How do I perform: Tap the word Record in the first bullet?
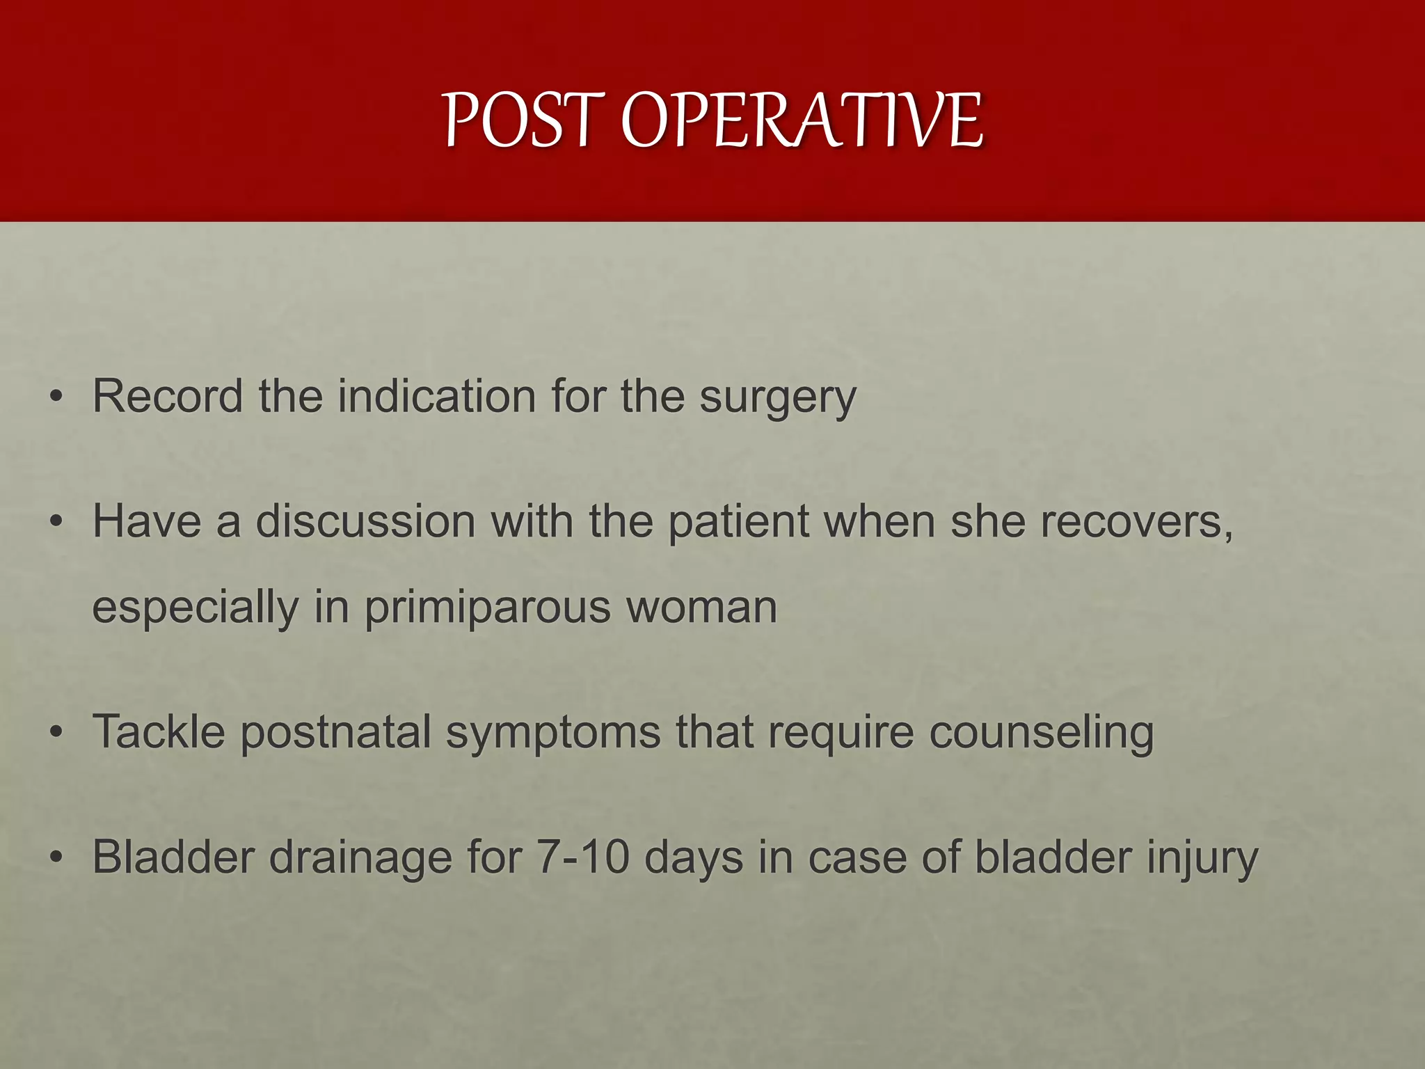pos(167,396)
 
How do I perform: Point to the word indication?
pos(436,396)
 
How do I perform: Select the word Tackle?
pos(159,732)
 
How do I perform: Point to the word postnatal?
pos(335,734)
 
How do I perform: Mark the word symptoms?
pos(553,734)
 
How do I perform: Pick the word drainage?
pos(360,858)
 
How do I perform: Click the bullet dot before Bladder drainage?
pos(56,857)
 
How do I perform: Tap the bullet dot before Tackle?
pos(56,733)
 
